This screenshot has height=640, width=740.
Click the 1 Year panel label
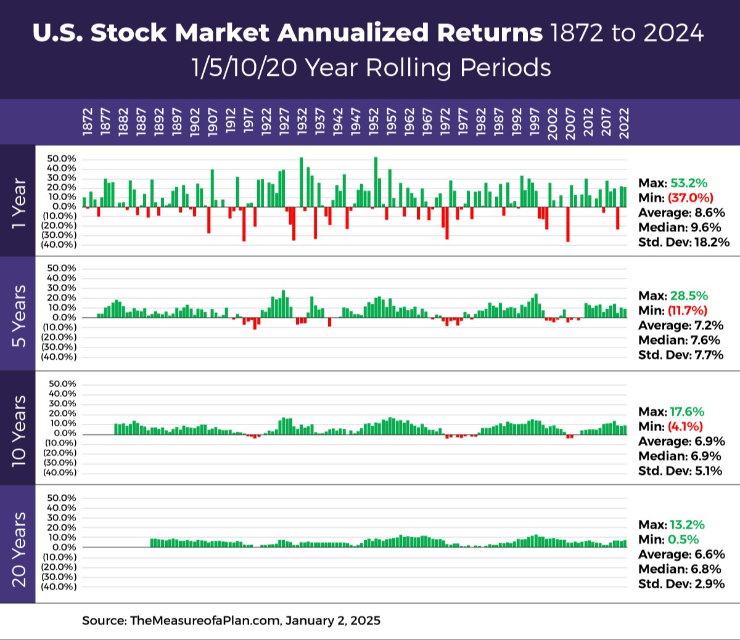click(18, 203)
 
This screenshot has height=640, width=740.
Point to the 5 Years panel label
click(18, 315)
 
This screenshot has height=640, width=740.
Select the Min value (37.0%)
click(691, 198)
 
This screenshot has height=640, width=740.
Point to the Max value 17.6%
click(687, 411)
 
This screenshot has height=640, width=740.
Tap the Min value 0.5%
click(683, 540)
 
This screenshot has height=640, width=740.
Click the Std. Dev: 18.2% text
click(684, 242)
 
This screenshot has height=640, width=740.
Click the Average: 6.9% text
click(681, 441)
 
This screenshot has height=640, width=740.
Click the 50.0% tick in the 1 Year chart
click(62, 159)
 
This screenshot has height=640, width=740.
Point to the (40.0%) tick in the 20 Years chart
click(59, 586)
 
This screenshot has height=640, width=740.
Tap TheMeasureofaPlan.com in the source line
click(205, 620)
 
